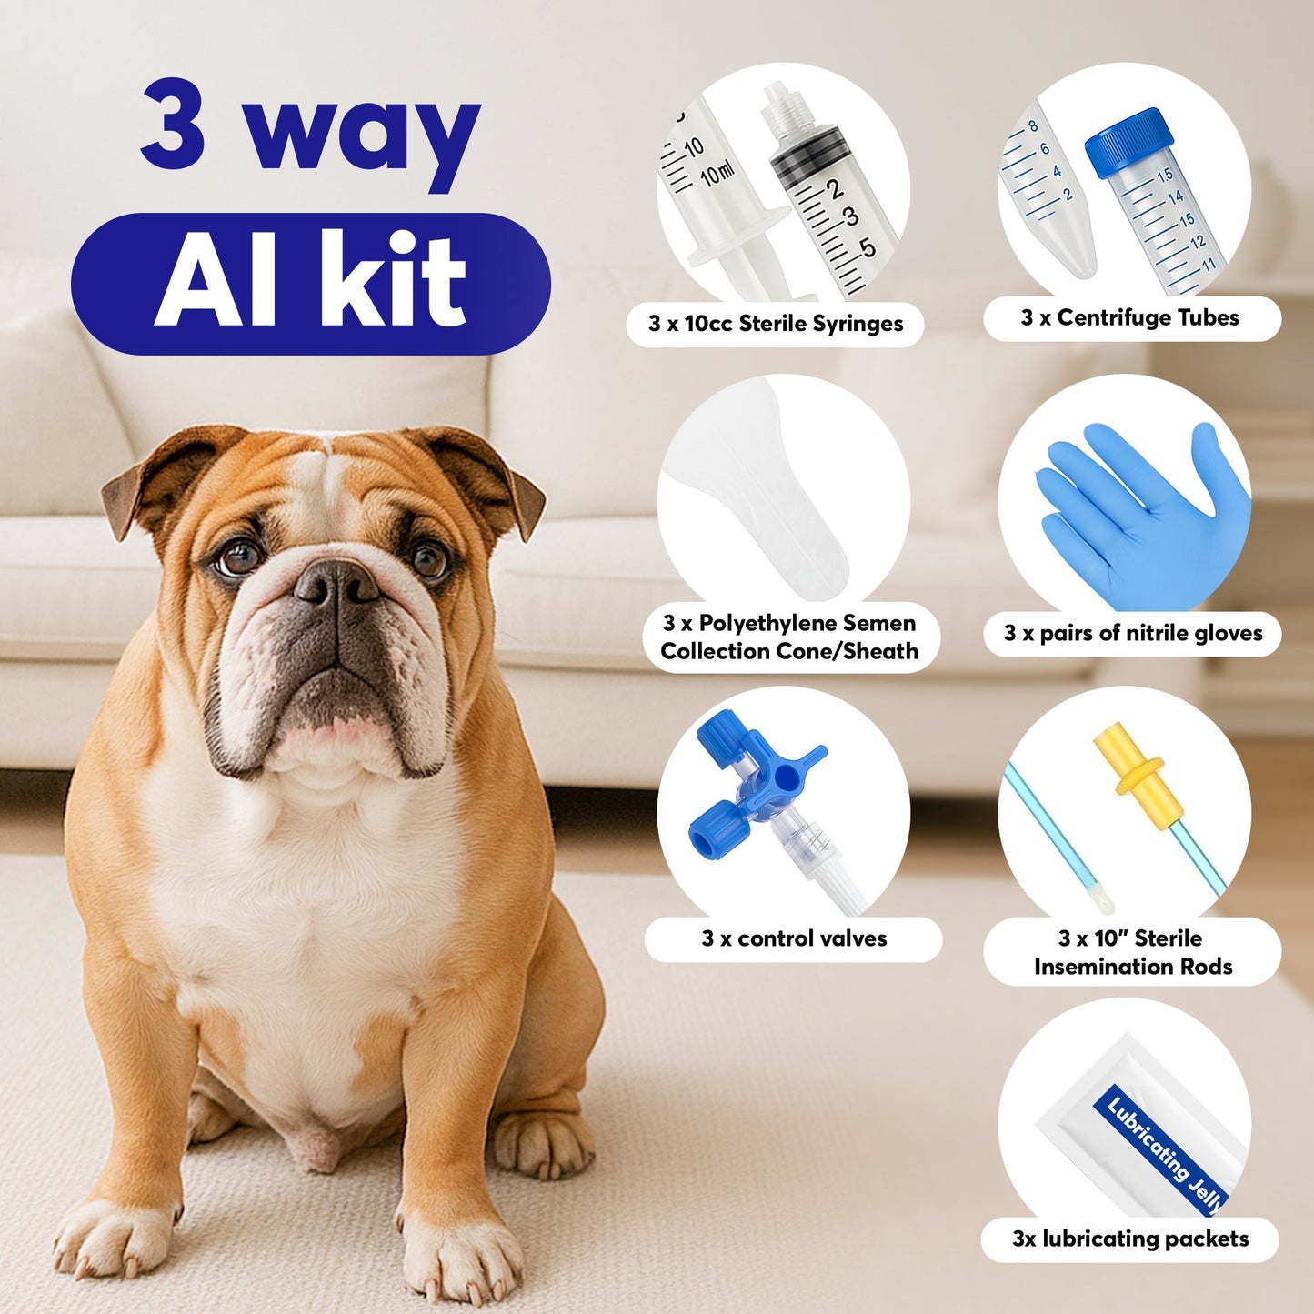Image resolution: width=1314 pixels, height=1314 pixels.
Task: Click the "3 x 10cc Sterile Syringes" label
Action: pos(775,324)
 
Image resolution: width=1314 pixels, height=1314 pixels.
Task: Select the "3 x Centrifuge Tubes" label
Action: pos(1130,317)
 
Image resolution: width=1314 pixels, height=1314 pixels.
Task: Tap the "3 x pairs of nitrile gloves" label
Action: pos(1132,633)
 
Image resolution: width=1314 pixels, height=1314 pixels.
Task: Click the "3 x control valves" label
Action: pos(793,938)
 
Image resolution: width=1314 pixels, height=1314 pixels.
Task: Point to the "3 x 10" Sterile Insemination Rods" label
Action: pos(1132,952)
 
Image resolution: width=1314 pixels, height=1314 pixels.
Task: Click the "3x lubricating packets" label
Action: pos(1130,1239)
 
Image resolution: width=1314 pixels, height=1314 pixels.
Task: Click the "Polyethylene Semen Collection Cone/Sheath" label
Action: pos(788,637)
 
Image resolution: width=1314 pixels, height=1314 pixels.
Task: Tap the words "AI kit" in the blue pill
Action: pos(310,282)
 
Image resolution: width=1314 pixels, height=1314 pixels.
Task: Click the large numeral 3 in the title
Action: pos(173,123)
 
